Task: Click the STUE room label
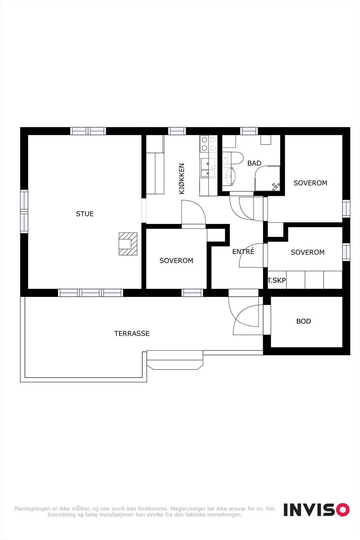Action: [x=85, y=214]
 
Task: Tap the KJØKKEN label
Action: [x=182, y=179]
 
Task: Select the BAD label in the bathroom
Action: [x=254, y=163]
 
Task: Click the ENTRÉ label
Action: [x=243, y=251]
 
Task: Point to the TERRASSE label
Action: [x=132, y=333]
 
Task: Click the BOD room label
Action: [x=303, y=321]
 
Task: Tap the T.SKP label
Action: [x=277, y=280]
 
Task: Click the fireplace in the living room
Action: [x=128, y=244]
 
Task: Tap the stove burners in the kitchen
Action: [x=208, y=143]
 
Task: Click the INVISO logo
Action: [x=316, y=510]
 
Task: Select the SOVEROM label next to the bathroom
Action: [x=310, y=183]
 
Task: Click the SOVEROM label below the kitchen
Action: [x=176, y=261]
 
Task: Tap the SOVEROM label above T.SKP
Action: [x=307, y=252]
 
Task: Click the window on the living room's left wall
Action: [x=24, y=212]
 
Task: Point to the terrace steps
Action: [x=175, y=360]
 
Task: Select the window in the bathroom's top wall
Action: [x=249, y=131]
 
